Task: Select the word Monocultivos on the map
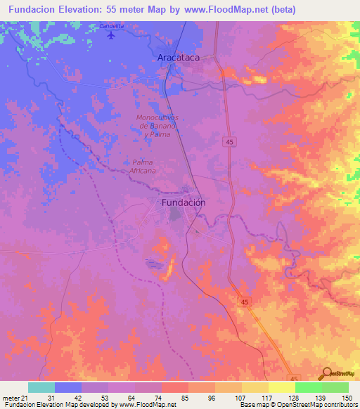(157, 117)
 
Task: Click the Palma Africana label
(143, 166)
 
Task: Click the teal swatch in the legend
(41, 387)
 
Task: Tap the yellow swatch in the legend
(281, 387)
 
